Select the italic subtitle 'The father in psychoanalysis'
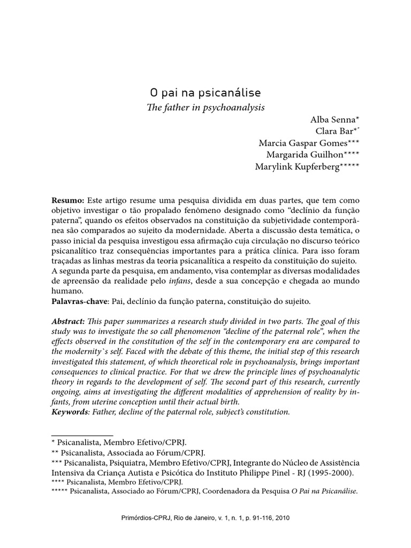(205, 107)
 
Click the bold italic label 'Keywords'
(70, 412)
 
